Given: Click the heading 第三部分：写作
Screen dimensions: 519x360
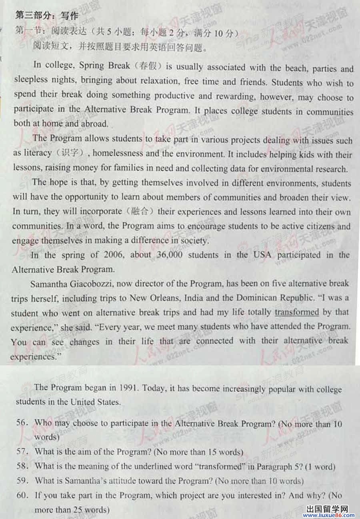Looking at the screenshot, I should pos(46,16).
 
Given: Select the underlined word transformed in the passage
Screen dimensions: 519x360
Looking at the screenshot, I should pos(296,312).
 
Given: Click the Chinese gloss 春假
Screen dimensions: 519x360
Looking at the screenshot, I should pos(147,66).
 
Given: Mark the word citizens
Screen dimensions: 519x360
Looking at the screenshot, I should pos(318,226).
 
